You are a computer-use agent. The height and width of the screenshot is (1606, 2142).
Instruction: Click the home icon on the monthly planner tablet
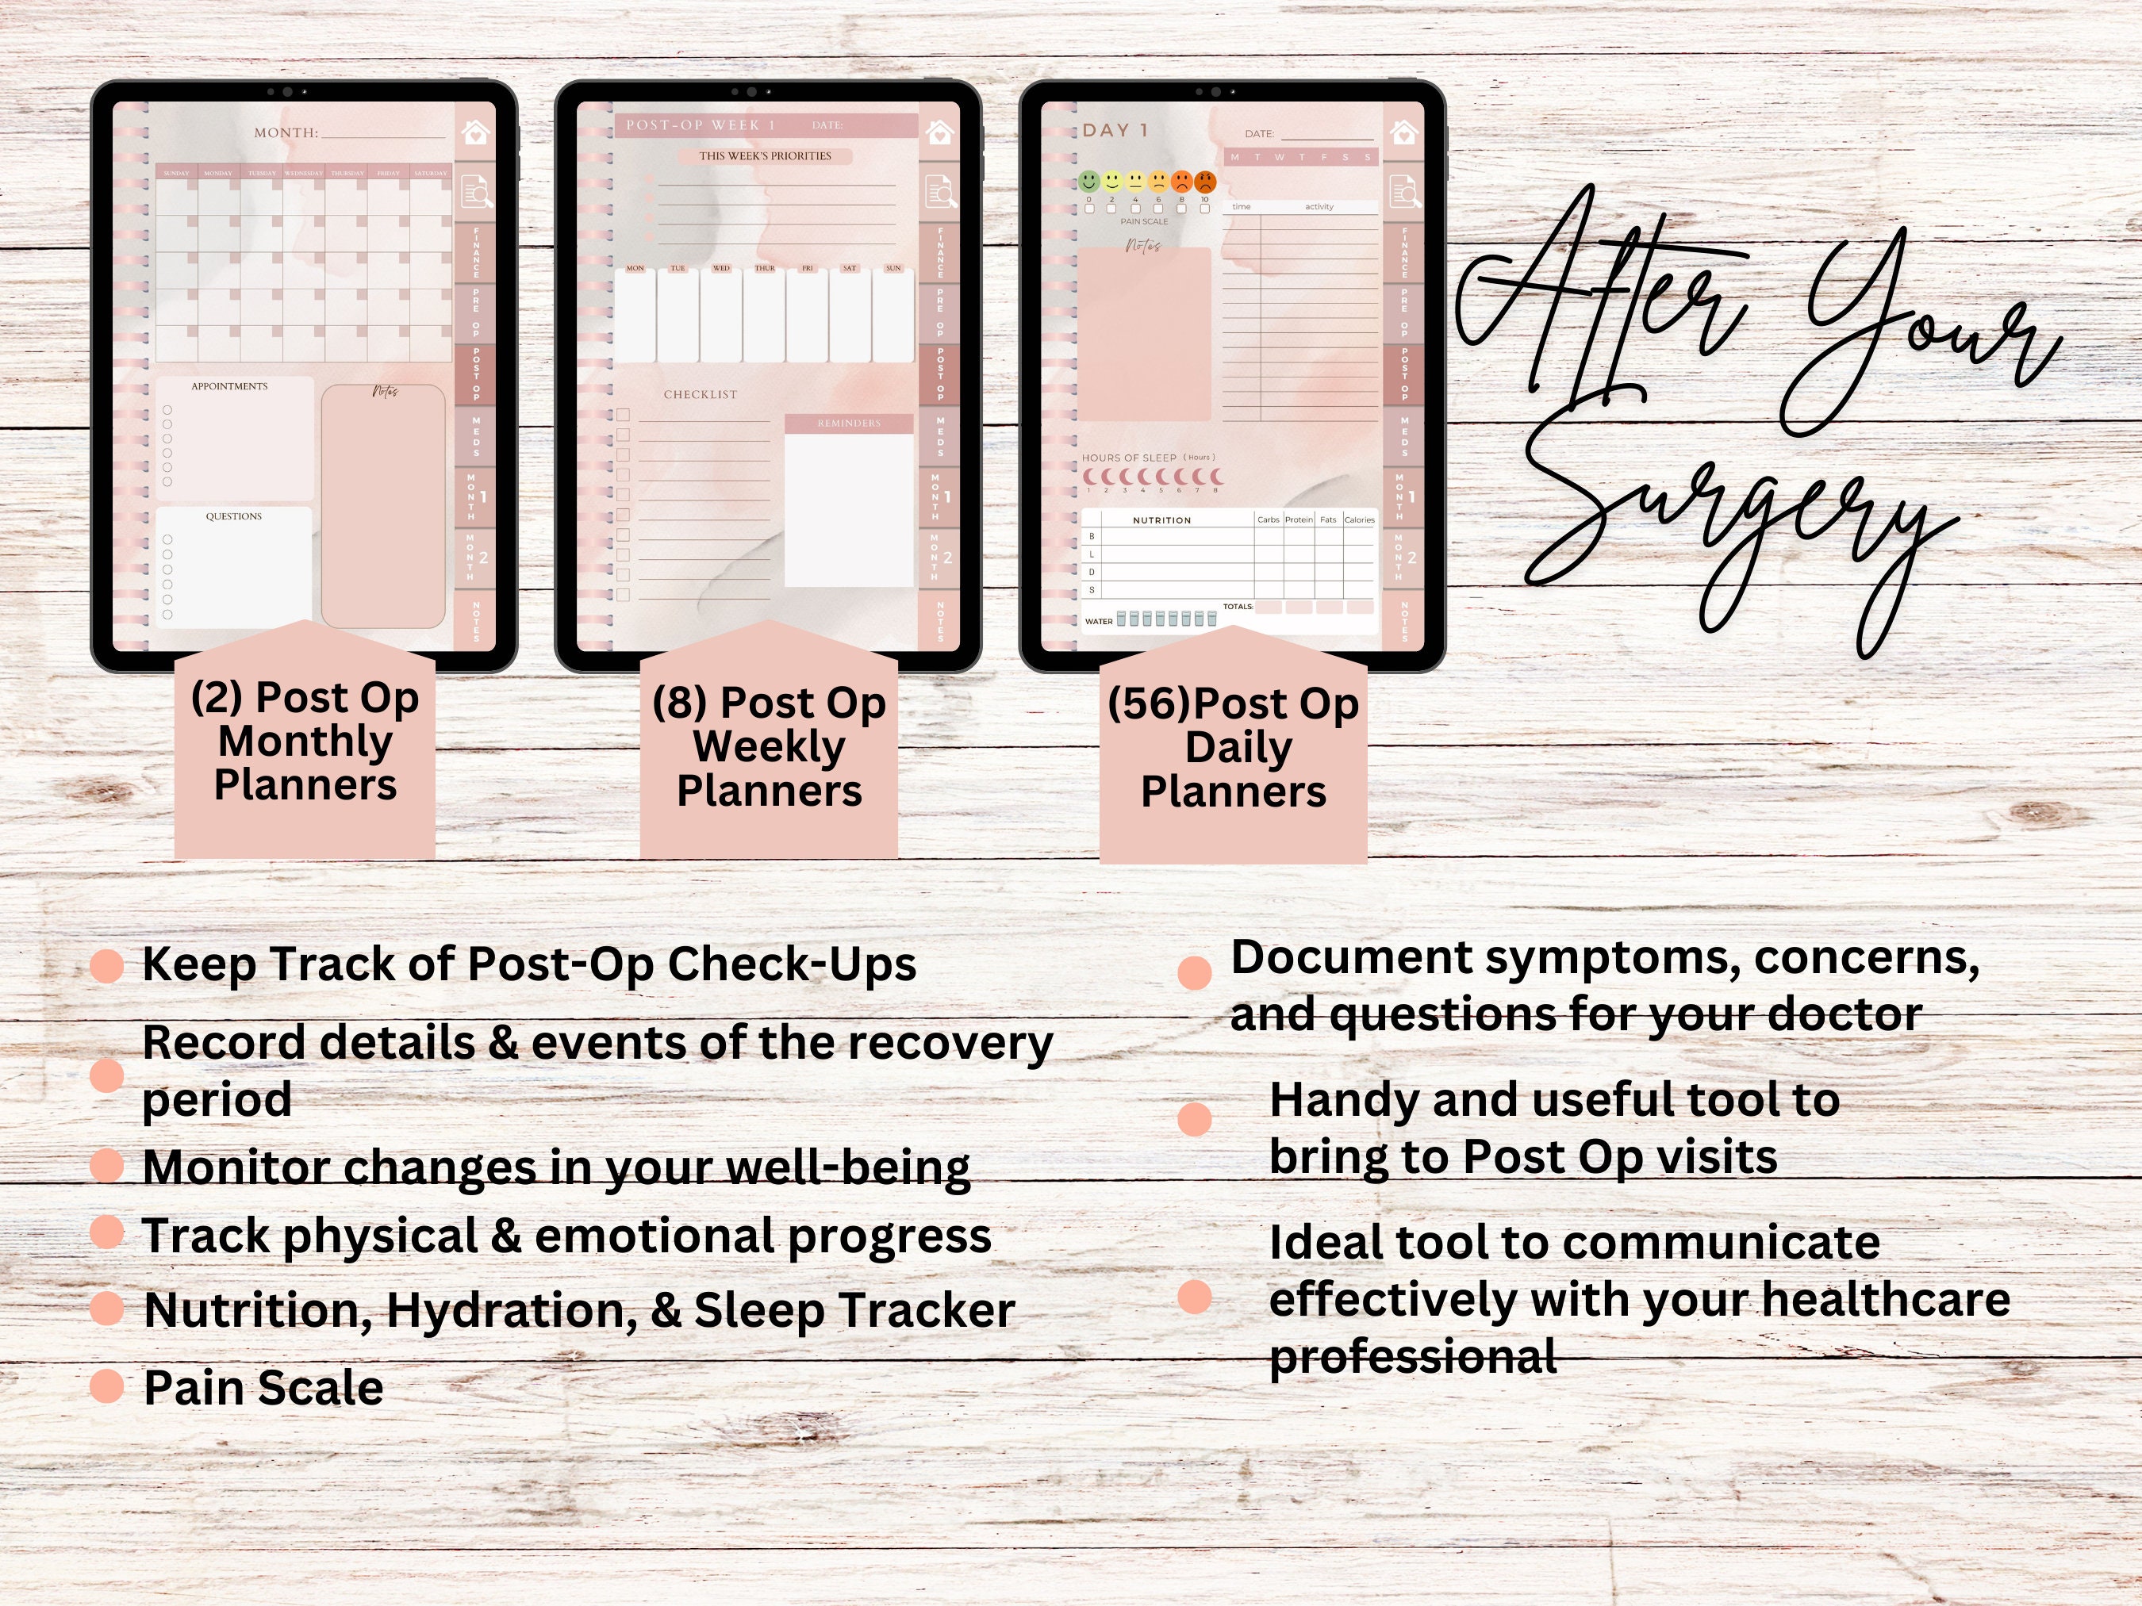474,132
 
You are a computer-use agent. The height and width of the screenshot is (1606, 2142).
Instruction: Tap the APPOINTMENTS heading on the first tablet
229,386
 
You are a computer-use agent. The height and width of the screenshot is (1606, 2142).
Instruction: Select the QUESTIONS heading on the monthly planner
233,517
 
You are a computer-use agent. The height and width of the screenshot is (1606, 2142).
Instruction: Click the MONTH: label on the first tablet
286,132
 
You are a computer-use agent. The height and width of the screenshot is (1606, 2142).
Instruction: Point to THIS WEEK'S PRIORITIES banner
765,156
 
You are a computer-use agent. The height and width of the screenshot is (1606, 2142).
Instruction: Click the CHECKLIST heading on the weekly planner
701,395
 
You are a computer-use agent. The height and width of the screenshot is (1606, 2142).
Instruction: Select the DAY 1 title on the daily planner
1115,130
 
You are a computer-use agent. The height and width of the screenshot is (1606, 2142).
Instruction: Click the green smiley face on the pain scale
1089,181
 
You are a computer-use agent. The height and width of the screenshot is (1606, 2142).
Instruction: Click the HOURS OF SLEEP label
1129,458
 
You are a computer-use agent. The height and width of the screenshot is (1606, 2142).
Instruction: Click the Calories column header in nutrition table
1359,519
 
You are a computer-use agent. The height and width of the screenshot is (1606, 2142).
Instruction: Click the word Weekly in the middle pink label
769,746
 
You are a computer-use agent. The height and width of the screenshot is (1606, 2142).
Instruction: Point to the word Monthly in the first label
305,742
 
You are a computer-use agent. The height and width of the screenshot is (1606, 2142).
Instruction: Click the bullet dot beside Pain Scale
106,1386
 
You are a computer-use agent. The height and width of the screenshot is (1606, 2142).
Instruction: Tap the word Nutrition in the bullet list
259,1311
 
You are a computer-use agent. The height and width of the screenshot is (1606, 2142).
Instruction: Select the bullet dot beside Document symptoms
1195,973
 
